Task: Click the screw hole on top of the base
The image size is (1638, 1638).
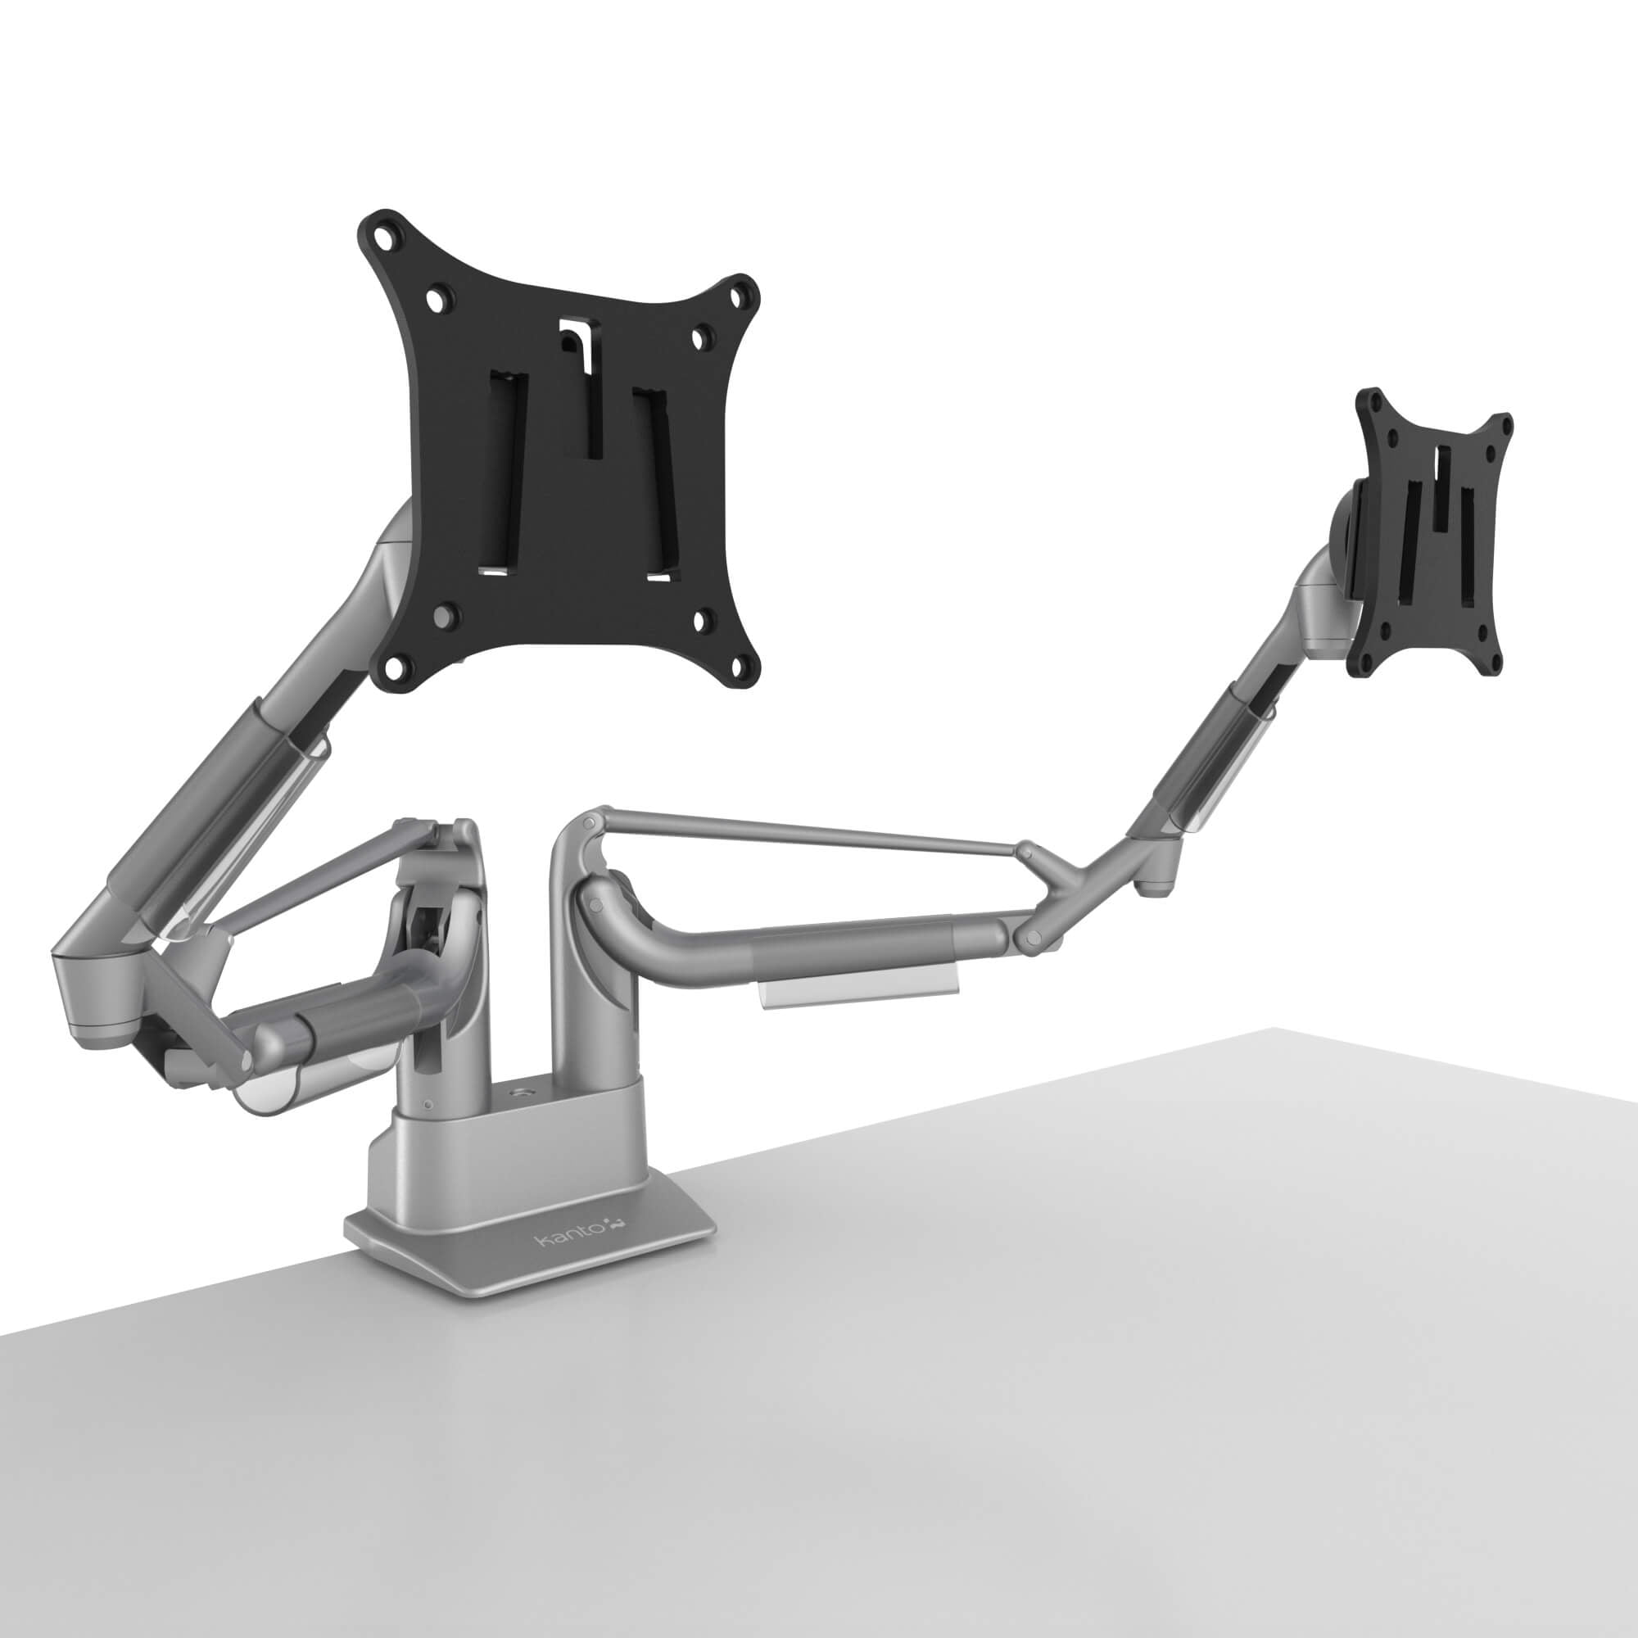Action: [516, 1089]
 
